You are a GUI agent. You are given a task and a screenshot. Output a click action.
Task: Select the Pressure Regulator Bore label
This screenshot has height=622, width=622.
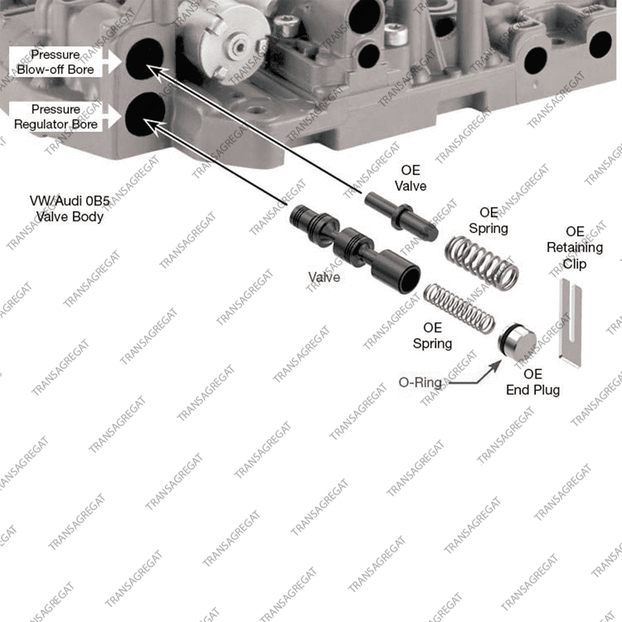tap(56, 117)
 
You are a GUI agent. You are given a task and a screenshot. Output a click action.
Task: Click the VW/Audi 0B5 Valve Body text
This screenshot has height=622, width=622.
tap(69, 209)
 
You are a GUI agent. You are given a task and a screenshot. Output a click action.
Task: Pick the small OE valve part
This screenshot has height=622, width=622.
tap(401, 215)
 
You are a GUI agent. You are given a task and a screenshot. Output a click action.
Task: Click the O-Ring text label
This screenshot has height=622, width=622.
tap(420, 383)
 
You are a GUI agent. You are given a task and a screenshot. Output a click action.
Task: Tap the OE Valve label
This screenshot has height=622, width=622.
tap(411, 179)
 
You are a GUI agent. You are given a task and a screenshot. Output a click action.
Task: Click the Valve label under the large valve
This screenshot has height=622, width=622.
tap(324, 277)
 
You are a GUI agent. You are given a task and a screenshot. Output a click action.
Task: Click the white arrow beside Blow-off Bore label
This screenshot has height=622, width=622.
tap(113, 61)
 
